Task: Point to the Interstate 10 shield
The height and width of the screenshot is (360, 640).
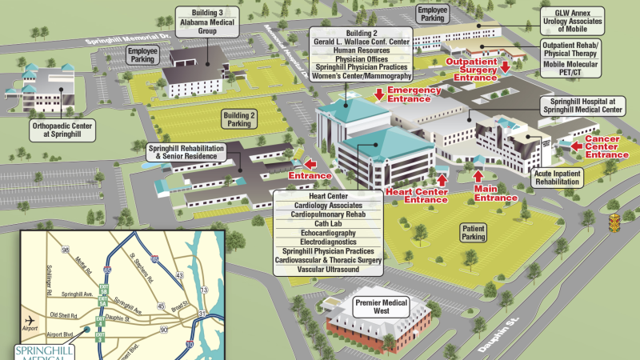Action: [189, 343]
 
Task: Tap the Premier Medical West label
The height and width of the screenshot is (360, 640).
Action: [381, 308]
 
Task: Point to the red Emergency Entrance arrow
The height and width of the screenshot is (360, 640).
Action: [379, 94]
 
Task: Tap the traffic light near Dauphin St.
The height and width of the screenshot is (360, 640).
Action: [614, 221]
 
